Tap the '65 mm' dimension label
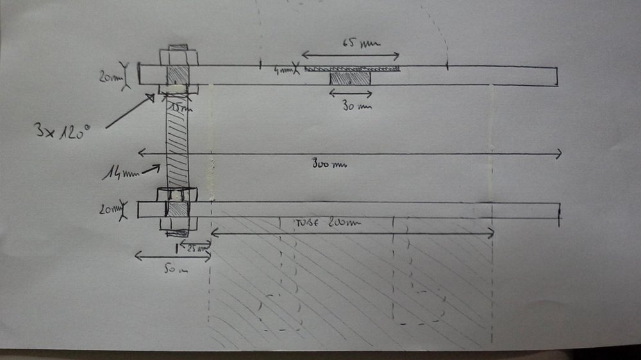tap(360, 45)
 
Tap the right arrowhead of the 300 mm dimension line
tap(560, 153)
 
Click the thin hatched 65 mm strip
tap(353, 68)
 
